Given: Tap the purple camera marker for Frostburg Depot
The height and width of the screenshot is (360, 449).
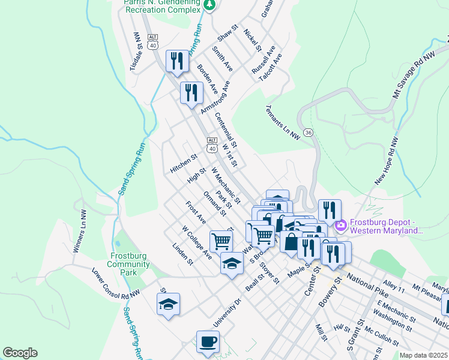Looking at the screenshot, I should (341, 226).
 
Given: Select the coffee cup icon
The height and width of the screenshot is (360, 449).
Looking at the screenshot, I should (208, 341).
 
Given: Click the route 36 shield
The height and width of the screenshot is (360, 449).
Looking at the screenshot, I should (308, 133).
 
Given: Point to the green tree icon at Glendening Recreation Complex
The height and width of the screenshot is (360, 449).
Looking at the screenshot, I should (209, 5).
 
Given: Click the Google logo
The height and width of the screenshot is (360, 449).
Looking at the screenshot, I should (20, 353).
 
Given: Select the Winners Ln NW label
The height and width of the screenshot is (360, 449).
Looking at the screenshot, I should (79, 231).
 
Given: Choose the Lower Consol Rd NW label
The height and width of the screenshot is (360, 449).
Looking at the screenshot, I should (115, 284).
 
